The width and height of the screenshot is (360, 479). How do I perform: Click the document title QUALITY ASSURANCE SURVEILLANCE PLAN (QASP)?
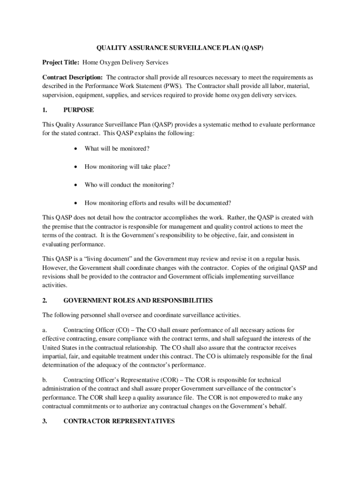point(180,48)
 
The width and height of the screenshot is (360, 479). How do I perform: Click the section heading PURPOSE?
point(79,110)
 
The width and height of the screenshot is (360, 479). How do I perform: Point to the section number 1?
point(45,110)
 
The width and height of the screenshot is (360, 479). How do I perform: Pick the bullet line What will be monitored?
point(117,149)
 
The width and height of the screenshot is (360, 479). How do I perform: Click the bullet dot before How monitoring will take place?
point(75,167)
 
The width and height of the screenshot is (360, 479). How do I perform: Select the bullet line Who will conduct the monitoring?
point(130,185)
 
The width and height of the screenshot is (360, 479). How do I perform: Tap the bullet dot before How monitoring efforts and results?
point(75,203)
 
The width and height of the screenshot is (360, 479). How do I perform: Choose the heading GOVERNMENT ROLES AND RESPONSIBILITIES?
point(138,300)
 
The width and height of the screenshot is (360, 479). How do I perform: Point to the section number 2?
point(45,300)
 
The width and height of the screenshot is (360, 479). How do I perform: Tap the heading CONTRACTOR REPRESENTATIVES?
point(119,421)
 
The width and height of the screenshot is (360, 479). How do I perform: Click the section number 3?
point(45,421)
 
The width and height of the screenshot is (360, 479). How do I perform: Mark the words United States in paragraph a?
point(59,348)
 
